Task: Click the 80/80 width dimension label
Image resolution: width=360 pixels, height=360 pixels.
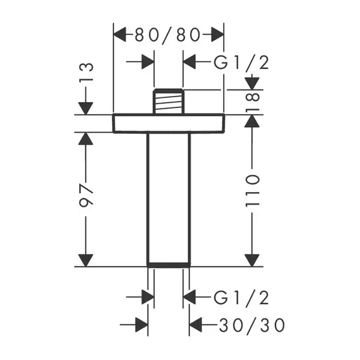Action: pyautogui.click(x=167, y=35)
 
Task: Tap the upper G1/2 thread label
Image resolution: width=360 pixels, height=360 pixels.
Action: pyautogui.click(x=241, y=63)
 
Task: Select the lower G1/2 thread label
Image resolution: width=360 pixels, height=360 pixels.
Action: pyautogui.click(x=241, y=298)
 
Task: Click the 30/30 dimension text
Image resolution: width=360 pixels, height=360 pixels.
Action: pyautogui.click(x=252, y=325)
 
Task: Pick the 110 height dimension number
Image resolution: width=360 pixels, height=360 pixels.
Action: pyautogui.click(x=253, y=191)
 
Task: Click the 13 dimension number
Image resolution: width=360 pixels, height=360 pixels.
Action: pyautogui.click(x=86, y=73)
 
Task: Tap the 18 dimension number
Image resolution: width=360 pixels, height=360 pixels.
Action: pyautogui.click(x=253, y=102)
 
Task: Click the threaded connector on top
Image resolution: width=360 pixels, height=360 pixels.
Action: pyautogui.click(x=169, y=101)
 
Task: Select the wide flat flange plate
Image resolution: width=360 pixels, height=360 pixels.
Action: pyautogui.click(x=169, y=123)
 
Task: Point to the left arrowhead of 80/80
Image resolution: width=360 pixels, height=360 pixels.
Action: pyautogui.click(x=120, y=35)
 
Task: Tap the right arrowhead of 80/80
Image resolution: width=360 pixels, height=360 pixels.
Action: pyautogui.click(x=217, y=35)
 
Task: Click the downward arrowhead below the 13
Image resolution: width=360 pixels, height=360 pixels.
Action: pyautogui.click(x=86, y=109)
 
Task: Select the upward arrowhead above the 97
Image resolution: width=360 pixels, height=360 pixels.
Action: pyautogui.click(x=86, y=139)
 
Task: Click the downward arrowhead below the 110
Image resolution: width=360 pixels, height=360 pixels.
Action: pyautogui.click(x=252, y=260)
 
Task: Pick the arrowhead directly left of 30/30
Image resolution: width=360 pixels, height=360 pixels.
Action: pyautogui.click(x=196, y=325)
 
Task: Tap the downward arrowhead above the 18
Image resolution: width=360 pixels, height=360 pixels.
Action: pyautogui.click(x=252, y=83)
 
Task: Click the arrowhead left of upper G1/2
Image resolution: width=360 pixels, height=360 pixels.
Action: pyautogui.click(x=190, y=62)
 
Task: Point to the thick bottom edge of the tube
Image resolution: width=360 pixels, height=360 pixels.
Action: pyautogui.click(x=169, y=265)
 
